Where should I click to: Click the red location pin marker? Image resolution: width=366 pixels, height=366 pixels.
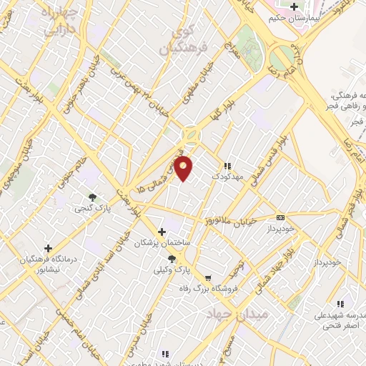click(x=184, y=169)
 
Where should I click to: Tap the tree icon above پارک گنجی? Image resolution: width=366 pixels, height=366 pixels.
click(x=91, y=197)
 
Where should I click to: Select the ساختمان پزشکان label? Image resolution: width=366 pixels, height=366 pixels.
click(x=164, y=244)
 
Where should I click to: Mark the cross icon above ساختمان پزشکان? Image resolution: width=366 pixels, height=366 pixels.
click(x=162, y=232)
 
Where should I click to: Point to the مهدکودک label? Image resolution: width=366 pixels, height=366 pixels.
click(x=226, y=175)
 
